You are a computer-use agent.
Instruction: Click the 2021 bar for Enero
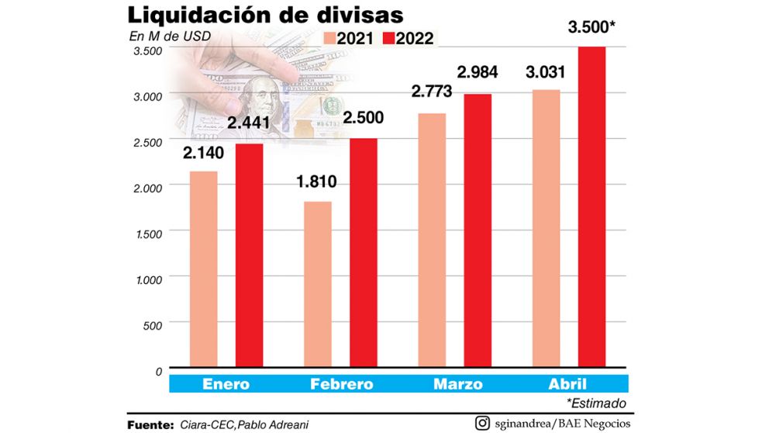click(x=204, y=268)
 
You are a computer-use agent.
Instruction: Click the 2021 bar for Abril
click(x=546, y=228)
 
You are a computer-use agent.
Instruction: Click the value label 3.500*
click(x=591, y=29)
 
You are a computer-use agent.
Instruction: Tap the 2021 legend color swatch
click(x=331, y=38)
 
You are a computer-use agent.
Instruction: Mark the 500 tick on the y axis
click(x=152, y=324)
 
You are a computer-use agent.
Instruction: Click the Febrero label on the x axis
click(x=341, y=384)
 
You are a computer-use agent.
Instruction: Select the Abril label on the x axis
click(x=568, y=384)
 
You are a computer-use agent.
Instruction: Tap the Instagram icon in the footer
click(x=481, y=424)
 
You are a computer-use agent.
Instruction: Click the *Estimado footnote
click(x=595, y=403)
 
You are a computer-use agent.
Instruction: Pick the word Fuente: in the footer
click(x=150, y=424)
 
